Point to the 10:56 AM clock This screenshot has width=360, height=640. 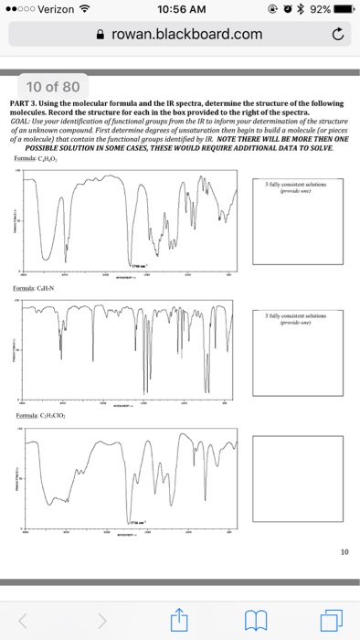180,10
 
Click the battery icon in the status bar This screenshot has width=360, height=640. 344,10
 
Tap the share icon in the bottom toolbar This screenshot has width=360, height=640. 179,622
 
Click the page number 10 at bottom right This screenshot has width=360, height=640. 344,551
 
